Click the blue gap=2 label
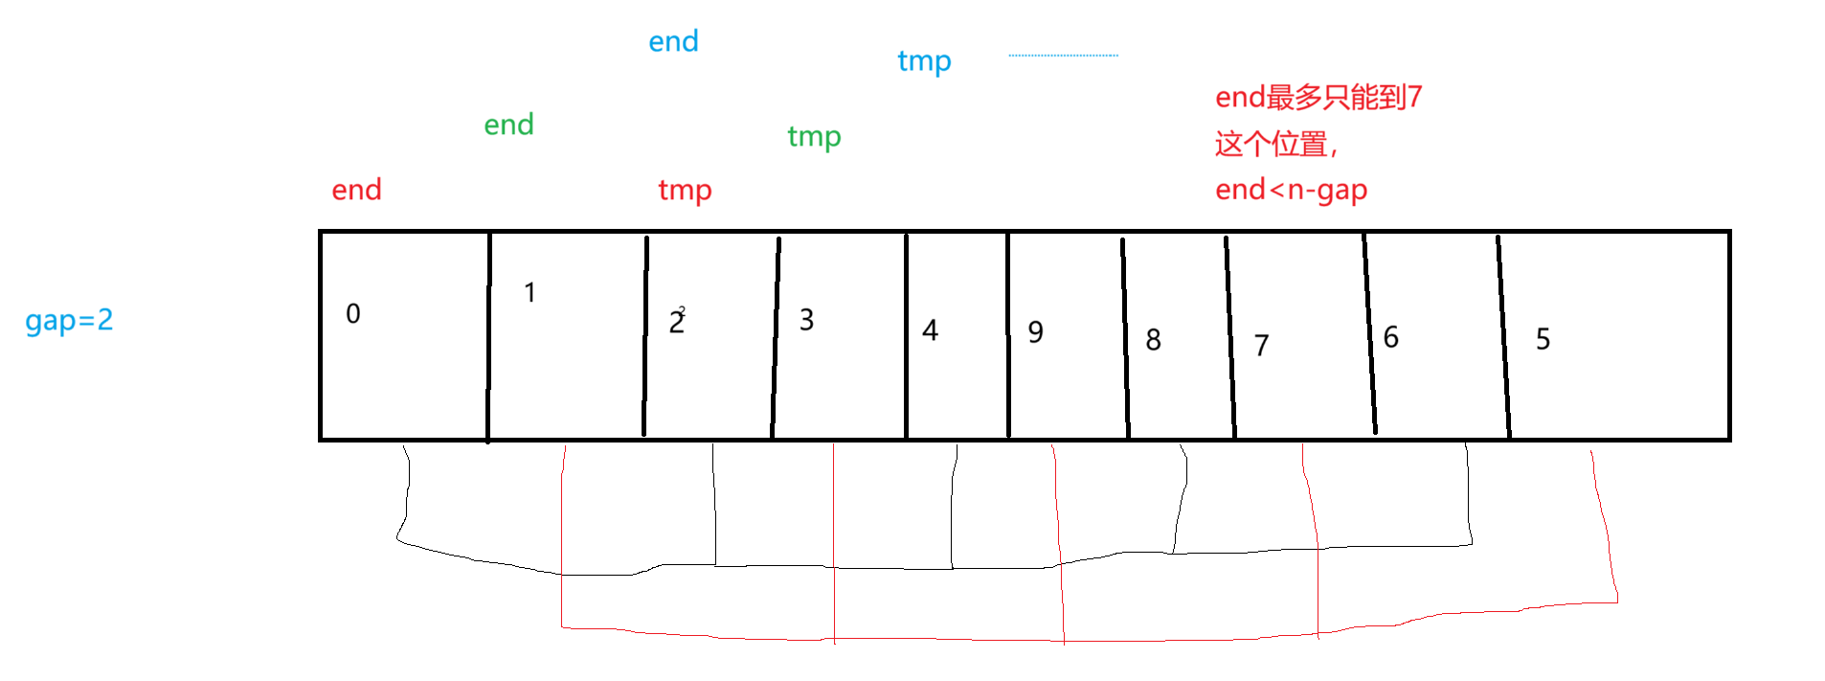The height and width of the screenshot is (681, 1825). (x=69, y=320)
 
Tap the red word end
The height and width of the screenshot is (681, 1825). (x=356, y=190)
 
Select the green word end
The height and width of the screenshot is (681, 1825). (x=508, y=125)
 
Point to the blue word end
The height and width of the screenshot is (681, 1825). (x=673, y=41)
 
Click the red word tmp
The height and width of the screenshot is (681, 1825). (x=685, y=191)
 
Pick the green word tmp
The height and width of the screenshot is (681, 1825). (x=814, y=137)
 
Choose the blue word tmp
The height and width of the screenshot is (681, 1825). (x=924, y=61)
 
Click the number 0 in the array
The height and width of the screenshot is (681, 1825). (x=353, y=313)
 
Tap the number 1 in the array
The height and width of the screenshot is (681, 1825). (x=529, y=292)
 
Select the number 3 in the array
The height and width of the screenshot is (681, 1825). (x=806, y=319)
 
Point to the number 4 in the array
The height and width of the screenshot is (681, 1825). (x=930, y=330)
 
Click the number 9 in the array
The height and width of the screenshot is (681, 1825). (x=1035, y=331)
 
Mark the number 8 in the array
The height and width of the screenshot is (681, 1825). (x=1153, y=339)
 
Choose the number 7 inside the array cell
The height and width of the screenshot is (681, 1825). (x=1261, y=345)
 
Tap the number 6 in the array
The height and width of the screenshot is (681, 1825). (x=1390, y=336)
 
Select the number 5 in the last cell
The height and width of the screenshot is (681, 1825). (x=1543, y=339)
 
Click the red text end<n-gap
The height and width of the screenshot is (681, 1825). (x=1291, y=191)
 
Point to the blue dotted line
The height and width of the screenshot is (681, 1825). (x=1063, y=56)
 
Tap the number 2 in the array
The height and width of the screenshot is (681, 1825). (x=677, y=322)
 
